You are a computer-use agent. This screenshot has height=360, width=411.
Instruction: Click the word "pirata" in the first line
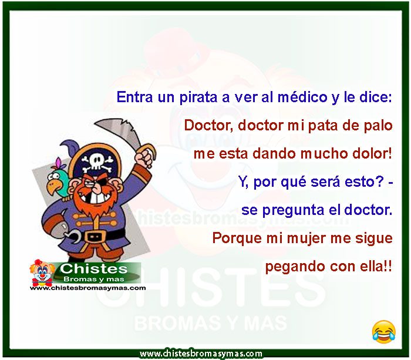tap(198, 97)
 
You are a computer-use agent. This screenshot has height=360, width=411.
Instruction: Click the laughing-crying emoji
tap(384, 331)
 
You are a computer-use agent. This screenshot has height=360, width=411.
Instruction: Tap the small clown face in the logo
tap(42, 273)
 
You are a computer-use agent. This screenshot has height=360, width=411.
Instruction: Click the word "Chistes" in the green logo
tap(93, 269)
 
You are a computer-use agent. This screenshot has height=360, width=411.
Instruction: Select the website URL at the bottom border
tap(201, 354)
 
